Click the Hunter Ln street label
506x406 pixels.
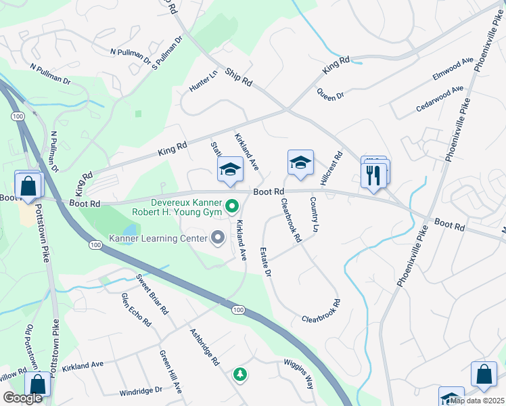(203, 81)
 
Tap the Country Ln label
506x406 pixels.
(314, 214)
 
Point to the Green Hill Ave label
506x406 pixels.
(171, 372)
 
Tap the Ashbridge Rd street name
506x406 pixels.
(205, 348)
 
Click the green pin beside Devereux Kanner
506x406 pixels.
(232, 204)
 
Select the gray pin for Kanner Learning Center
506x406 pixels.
(218, 238)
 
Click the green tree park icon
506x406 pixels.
(239, 374)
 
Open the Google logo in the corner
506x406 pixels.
(23, 398)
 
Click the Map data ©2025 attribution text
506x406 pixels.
(476, 401)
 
